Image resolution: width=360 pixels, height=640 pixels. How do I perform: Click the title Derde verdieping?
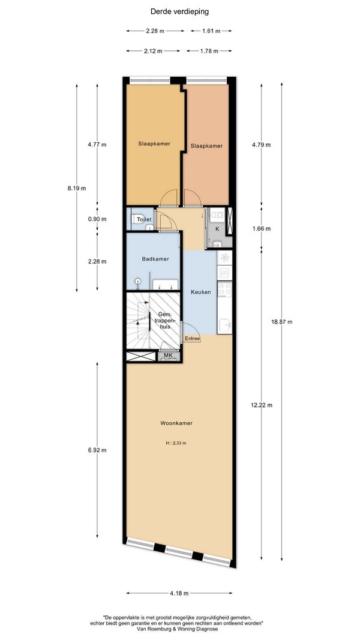[179, 12]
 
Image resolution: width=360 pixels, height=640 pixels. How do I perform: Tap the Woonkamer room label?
[176, 423]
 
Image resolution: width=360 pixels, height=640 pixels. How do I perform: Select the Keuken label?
[201, 292]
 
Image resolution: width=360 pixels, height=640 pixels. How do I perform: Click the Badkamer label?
[155, 259]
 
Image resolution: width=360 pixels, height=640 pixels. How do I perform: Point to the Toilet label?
[144, 220]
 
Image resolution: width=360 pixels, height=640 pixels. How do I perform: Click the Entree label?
[192, 339]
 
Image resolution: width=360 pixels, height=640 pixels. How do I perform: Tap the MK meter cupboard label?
[168, 356]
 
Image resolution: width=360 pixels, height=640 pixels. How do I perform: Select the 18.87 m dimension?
[282, 321]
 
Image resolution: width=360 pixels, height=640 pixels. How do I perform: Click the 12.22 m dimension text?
[262, 405]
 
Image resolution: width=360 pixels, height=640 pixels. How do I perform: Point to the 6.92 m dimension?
[97, 450]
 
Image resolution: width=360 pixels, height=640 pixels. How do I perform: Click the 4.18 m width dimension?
[179, 593]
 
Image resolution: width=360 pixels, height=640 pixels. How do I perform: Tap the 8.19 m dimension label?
[77, 188]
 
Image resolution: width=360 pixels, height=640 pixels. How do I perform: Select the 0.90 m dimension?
[97, 219]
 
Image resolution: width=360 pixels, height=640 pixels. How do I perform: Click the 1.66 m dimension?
[262, 229]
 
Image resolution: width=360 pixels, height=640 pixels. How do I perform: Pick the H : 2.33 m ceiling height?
[176, 443]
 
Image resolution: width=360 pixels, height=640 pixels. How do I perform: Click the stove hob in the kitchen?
[224, 289]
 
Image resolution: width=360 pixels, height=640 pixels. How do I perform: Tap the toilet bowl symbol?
[137, 219]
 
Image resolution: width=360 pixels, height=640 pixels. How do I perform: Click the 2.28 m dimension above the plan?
[155, 31]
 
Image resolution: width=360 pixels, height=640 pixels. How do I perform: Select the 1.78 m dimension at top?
[208, 51]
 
